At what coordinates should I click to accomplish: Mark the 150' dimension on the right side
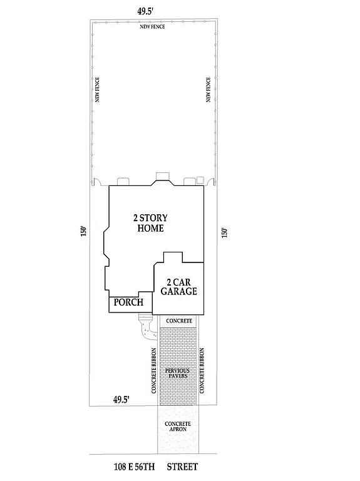pyautogui.click(x=225, y=232)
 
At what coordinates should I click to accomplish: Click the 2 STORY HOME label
pyautogui.click(x=150, y=223)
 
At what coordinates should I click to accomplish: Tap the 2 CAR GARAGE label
pyautogui.click(x=178, y=286)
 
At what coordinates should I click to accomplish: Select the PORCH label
pyautogui.click(x=128, y=303)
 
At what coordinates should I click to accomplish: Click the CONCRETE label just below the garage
pyautogui.click(x=178, y=321)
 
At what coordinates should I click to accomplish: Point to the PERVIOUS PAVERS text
pyautogui.click(x=178, y=375)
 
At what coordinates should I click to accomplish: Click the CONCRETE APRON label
pyautogui.click(x=178, y=427)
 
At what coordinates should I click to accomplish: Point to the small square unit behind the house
pyautogui.click(x=200, y=180)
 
